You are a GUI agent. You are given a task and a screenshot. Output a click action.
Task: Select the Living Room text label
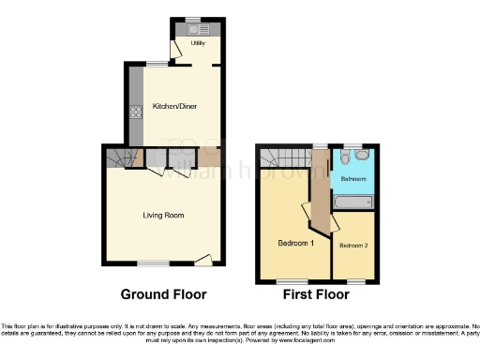tap(162, 216)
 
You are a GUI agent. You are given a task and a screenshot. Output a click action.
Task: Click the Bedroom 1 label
tap(295, 243)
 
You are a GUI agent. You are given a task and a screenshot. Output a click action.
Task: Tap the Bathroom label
tap(352, 178)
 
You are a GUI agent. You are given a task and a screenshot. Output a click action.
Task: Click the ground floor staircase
tap(117, 157)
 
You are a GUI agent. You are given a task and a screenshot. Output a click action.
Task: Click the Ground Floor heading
tap(163, 294)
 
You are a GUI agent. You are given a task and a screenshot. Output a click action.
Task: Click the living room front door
tap(215, 257)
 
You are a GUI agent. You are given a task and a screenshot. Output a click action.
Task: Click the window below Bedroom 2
tap(355, 280)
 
